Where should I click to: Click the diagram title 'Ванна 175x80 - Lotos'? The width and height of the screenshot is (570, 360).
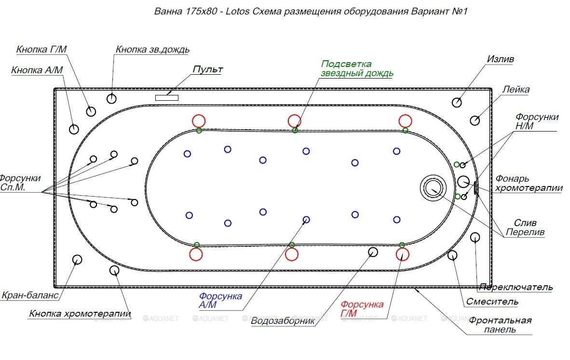(202, 11)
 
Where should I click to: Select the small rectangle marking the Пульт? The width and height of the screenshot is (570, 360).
(166, 98)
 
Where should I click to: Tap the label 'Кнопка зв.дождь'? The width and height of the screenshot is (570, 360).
(152, 50)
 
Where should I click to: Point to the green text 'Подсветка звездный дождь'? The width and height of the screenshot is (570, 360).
(357, 69)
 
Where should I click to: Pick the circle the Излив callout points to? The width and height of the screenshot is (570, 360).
(457, 102)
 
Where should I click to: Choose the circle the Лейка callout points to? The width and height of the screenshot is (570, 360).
(475, 120)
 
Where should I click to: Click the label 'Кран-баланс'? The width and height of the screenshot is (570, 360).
(30, 295)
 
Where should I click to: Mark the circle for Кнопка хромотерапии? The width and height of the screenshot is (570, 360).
(114, 270)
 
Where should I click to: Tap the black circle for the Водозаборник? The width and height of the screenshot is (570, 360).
(373, 252)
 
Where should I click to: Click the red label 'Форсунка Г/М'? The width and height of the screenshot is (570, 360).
(362, 309)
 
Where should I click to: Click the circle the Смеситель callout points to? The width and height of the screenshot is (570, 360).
(452, 255)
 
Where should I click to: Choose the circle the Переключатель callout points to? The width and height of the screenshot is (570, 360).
(475, 237)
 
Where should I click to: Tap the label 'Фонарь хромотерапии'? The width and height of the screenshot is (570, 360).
(529, 183)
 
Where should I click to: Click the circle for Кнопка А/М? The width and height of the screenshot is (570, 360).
(74, 129)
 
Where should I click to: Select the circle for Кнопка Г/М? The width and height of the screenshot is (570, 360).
(91, 112)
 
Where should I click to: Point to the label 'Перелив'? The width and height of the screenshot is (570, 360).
(525, 232)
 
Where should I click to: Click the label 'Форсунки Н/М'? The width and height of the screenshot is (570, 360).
(536, 121)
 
